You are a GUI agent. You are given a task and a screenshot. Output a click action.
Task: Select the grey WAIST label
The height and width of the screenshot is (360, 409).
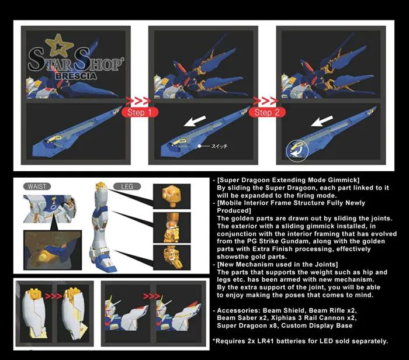point(38,186)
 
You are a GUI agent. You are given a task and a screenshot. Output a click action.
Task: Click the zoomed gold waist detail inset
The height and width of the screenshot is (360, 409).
point(47,249)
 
